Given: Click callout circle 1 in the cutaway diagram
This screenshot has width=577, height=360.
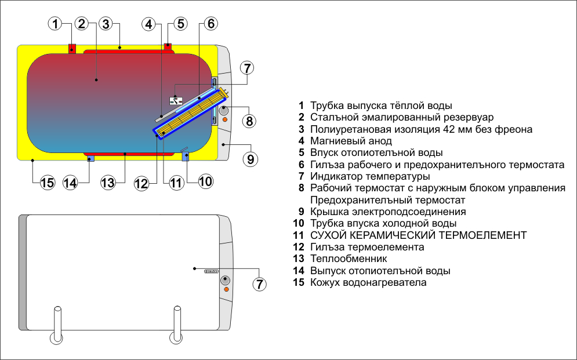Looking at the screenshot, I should [x=55, y=24].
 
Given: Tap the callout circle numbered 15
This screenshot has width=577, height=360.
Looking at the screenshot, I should [x=48, y=183].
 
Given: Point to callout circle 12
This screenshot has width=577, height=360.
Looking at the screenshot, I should [x=141, y=183].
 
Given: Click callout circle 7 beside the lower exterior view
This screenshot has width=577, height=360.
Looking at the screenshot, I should [x=260, y=284].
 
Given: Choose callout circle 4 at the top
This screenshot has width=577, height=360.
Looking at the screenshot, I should [x=149, y=24].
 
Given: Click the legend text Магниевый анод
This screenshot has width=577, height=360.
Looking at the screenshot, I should [x=351, y=141].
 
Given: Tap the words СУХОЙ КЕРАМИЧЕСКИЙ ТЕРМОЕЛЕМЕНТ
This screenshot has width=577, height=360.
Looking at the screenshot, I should [x=418, y=235].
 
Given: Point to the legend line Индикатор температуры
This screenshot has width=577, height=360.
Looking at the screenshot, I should [x=370, y=176].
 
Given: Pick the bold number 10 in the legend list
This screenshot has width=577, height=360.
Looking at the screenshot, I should [x=299, y=223].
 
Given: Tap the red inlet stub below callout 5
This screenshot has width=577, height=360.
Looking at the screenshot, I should [x=168, y=45].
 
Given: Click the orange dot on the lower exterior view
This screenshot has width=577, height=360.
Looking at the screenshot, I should [x=226, y=289].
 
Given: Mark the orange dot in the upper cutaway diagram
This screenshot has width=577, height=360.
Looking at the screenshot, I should [x=226, y=120].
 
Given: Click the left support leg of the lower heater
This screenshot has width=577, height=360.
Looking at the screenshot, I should [x=57, y=324].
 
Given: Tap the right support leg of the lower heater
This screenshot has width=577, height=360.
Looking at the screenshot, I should [x=175, y=324].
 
